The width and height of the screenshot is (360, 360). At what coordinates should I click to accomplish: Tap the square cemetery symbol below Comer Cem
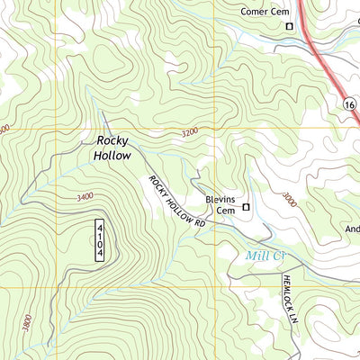pos(289,27)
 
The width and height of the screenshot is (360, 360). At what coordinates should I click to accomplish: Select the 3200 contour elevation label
pos(188,132)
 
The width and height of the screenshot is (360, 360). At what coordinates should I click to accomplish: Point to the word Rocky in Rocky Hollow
pos(112,141)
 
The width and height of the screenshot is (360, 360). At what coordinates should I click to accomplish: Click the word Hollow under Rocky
pos(112,156)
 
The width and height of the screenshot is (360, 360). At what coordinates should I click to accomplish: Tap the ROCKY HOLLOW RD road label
pos(177,200)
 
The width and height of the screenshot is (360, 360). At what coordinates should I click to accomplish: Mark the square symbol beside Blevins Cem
pos(245,207)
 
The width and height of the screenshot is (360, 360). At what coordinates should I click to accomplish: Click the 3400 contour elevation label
pos(85,195)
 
